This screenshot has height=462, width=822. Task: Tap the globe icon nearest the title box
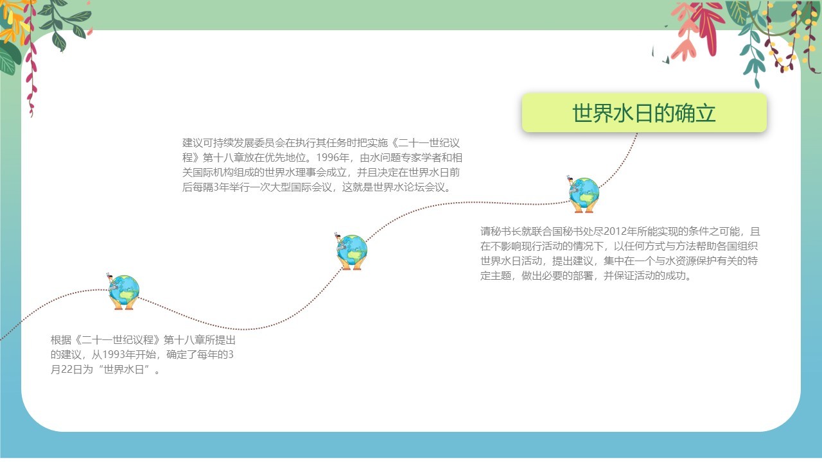tap(584, 194)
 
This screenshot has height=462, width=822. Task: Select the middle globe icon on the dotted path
tap(351, 252)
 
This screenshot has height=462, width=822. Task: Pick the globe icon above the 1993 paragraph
tap(124, 292)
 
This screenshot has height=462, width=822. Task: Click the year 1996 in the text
tap(328, 158)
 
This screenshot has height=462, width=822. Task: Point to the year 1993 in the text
tap(114, 355)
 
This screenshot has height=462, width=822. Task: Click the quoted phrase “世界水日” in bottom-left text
tap(123, 370)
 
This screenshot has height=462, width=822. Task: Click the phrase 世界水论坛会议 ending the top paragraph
tap(409, 187)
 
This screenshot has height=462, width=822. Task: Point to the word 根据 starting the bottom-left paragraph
tap(61, 340)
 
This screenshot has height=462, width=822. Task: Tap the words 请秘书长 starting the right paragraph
tap(500, 232)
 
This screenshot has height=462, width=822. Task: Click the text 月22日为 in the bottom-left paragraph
tap(71, 370)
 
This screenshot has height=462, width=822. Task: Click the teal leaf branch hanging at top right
tap(753, 51)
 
